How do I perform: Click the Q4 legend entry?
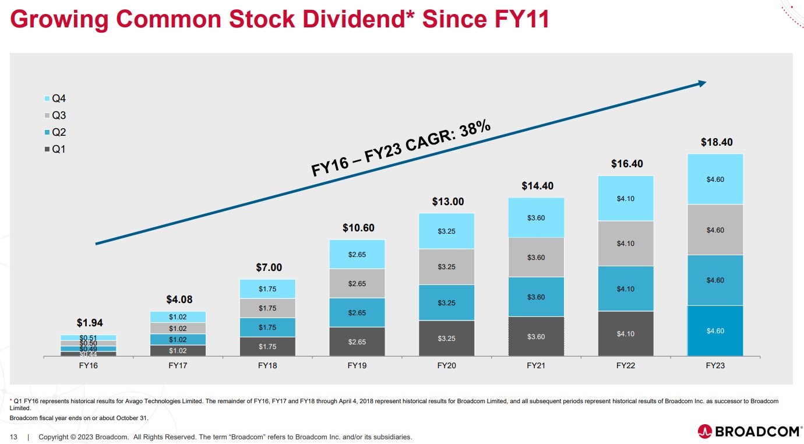pyautogui.click(x=55, y=99)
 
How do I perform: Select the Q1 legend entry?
pyautogui.click(x=55, y=149)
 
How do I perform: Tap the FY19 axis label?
pyautogui.click(x=357, y=366)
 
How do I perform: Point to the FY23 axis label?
pyautogui.click(x=715, y=366)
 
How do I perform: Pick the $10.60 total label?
pyautogui.click(x=358, y=228)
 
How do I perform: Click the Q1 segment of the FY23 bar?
pyautogui.click(x=715, y=331)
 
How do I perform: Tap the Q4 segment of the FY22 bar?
pyautogui.click(x=625, y=199)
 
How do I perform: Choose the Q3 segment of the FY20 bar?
pyautogui.click(x=446, y=267)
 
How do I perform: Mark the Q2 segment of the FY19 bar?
pyautogui.click(x=357, y=313)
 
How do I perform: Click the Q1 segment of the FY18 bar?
pyautogui.click(x=267, y=347)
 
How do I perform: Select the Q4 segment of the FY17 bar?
pyautogui.click(x=178, y=317)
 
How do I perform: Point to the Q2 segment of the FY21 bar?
pyautogui.click(x=536, y=297)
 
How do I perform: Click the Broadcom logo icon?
pyautogui.click(x=704, y=432)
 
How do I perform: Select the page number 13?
pyautogui.click(x=13, y=437)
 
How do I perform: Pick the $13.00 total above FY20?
pyautogui.click(x=447, y=202)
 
